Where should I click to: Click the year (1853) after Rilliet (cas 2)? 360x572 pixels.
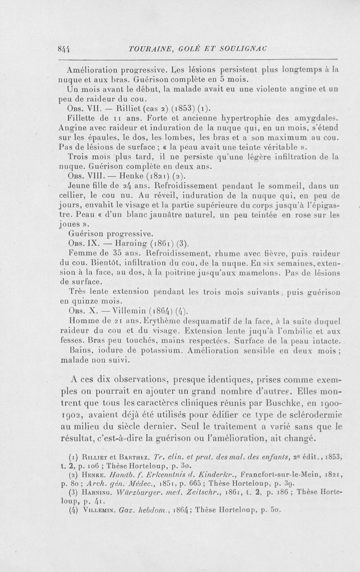click(x=181, y=108)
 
